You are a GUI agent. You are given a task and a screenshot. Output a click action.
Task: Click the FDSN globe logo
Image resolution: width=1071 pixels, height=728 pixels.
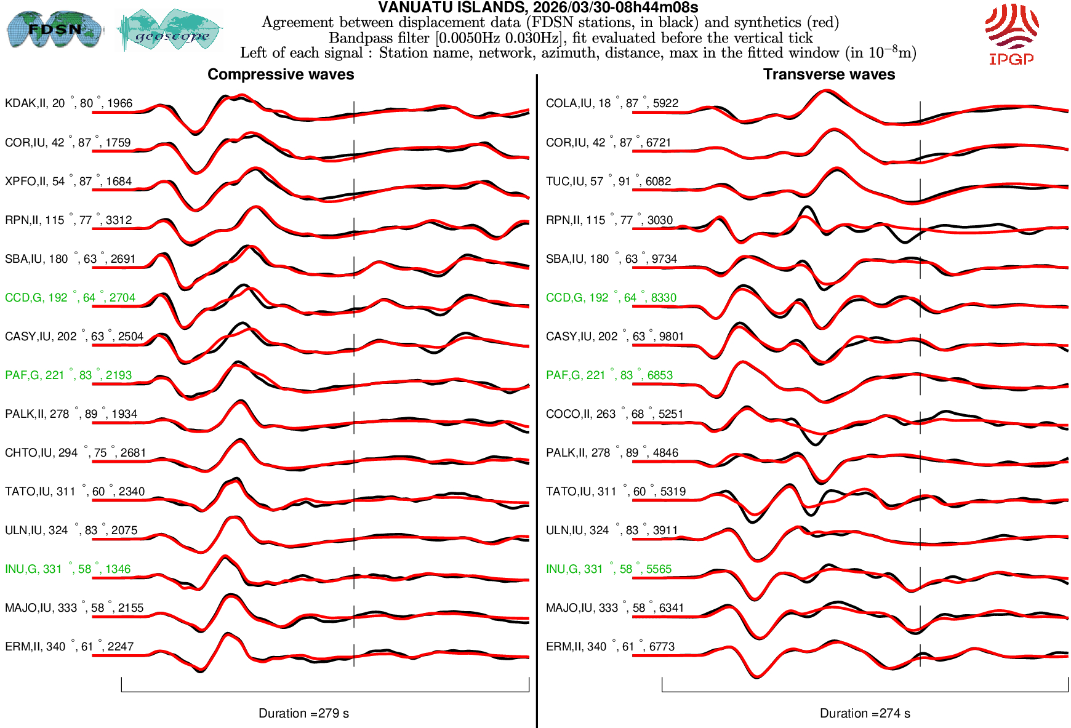[54, 29]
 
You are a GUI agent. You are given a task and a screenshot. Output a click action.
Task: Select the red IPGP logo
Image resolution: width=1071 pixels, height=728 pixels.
[1011, 34]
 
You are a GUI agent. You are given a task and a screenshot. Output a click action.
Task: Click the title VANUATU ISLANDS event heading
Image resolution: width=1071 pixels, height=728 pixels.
[537, 7]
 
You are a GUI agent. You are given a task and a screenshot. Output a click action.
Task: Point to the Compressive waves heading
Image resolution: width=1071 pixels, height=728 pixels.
[281, 74]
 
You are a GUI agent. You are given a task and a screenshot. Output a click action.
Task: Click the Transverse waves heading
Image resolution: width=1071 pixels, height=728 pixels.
[828, 74]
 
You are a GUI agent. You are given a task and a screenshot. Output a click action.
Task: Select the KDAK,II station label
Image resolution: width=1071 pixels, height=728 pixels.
[68, 103]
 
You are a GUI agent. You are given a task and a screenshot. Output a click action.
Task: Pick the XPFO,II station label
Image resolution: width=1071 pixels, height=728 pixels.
[68, 182]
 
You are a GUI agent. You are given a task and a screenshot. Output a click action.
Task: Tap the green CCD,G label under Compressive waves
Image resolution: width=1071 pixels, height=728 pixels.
[70, 298]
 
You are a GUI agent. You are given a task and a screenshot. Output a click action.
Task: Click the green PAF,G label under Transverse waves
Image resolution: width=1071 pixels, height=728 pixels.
[609, 375]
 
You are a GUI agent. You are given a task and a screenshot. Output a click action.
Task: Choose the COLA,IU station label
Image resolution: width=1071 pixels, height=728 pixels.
[612, 103]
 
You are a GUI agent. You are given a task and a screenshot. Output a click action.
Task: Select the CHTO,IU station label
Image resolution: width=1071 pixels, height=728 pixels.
[75, 453]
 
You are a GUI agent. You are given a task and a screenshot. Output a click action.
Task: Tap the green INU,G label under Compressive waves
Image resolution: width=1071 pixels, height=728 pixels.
[68, 569]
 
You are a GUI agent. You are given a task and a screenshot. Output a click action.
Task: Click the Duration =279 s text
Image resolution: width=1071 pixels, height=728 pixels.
[303, 713]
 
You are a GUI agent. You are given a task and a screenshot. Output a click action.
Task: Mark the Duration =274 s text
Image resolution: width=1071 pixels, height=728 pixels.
[865, 713]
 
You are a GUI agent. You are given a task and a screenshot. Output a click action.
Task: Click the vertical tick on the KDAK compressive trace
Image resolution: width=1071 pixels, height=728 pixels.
[354, 112]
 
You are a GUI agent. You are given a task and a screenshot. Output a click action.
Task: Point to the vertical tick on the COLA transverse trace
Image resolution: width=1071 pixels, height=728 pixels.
[920, 112]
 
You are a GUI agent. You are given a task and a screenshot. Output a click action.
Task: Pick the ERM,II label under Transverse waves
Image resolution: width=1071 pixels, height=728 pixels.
[610, 647]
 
